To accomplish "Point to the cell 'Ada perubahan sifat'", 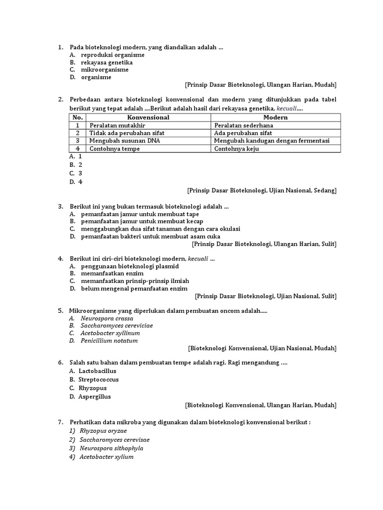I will [243, 133].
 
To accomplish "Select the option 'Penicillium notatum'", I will [109, 341].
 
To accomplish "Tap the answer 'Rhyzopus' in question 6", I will [93, 388].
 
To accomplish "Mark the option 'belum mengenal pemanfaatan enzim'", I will [134, 288].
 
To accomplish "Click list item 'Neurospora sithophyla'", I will [111, 448].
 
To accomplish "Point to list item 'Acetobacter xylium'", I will [106, 457].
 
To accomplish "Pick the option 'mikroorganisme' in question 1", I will [105, 70].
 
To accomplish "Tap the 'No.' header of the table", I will [77, 118].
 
